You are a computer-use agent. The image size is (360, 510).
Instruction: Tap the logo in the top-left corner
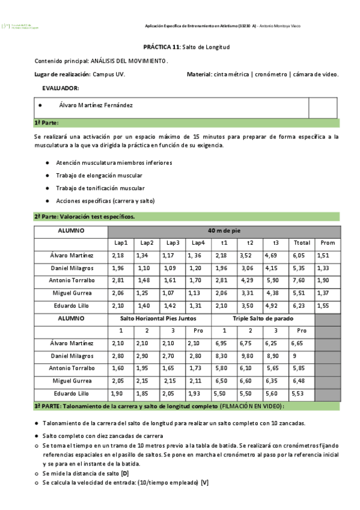pos(21,26)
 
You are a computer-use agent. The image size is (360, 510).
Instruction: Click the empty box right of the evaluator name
pos(323,108)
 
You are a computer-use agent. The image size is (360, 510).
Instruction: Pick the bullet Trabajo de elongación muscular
pos(99,176)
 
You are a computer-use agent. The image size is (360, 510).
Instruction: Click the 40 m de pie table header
pos(224,231)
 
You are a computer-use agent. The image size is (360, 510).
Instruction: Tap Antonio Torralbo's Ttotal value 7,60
pos(299,280)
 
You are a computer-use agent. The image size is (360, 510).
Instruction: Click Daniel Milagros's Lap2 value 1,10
pos(144,268)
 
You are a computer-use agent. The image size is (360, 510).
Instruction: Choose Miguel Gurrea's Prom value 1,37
pos(323,293)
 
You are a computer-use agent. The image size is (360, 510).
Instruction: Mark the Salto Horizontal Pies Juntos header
pos(158,318)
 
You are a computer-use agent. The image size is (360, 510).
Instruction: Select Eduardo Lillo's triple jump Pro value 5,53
pos(299,393)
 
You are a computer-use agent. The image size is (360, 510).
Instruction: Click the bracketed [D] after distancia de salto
pos(125,473)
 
